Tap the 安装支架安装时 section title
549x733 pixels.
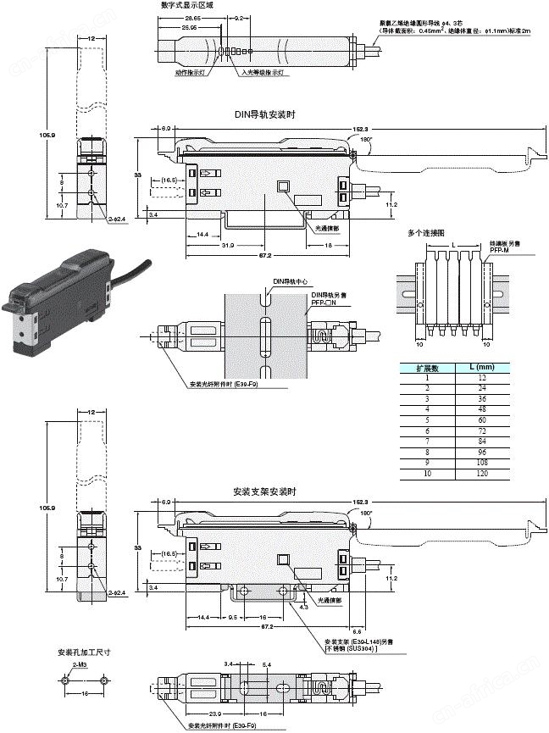(x=264, y=491)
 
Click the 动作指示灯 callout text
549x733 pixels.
(x=191, y=73)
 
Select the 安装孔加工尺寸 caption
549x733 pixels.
(x=84, y=652)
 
